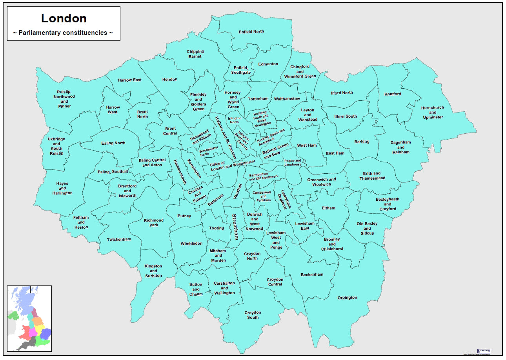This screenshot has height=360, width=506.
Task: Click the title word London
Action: [x=64, y=18]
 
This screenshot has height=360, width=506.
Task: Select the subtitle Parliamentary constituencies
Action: [x=64, y=33]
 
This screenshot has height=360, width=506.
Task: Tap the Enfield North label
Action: [x=251, y=31]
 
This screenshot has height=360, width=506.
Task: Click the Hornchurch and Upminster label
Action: [x=432, y=112]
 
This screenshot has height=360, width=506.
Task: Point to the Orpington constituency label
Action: [x=347, y=298]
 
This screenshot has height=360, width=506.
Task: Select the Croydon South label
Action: [x=253, y=315]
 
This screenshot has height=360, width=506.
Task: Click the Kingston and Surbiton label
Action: [x=153, y=271]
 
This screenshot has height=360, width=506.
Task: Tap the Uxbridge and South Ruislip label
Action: [x=56, y=146]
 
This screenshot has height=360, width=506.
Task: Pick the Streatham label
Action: [x=235, y=227]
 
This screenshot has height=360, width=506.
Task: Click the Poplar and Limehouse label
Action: [x=293, y=163]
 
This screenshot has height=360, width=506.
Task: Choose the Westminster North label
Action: [x=209, y=151]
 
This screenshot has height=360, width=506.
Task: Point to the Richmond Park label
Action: [x=153, y=223]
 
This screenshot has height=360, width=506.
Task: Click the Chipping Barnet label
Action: [x=195, y=54]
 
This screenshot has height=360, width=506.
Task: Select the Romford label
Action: [x=393, y=94]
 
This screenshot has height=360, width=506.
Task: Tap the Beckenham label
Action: [x=312, y=275]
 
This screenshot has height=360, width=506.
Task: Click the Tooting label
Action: [x=217, y=228]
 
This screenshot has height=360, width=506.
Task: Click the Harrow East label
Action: [x=130, y=80]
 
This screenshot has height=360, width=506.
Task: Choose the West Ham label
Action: [x=307, y=145]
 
